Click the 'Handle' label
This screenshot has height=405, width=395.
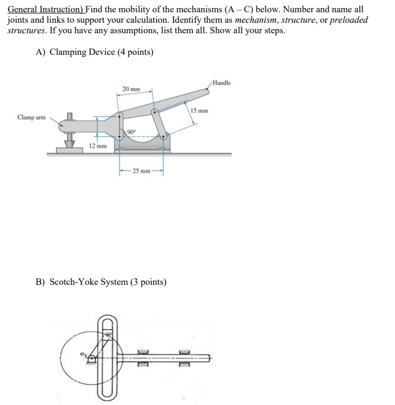(x=222, y=83)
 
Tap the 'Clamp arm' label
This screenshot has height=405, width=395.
(x=31, y=117)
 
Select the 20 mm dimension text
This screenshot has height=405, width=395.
(x=131, y=89)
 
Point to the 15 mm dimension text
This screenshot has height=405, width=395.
(x=199, y=110)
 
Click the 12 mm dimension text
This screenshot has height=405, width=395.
(x=97, y=145)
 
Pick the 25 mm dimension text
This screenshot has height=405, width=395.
(x=141, y=171)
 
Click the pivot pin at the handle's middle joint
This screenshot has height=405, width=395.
(x=154, y=111)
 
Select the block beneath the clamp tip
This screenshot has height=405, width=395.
(x=70, y=150)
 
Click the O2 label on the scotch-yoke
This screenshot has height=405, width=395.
(x=83, y=354)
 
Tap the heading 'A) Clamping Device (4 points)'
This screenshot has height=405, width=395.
(x=95, y=52)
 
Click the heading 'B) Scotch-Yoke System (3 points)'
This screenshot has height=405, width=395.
(x=101, y=282)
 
